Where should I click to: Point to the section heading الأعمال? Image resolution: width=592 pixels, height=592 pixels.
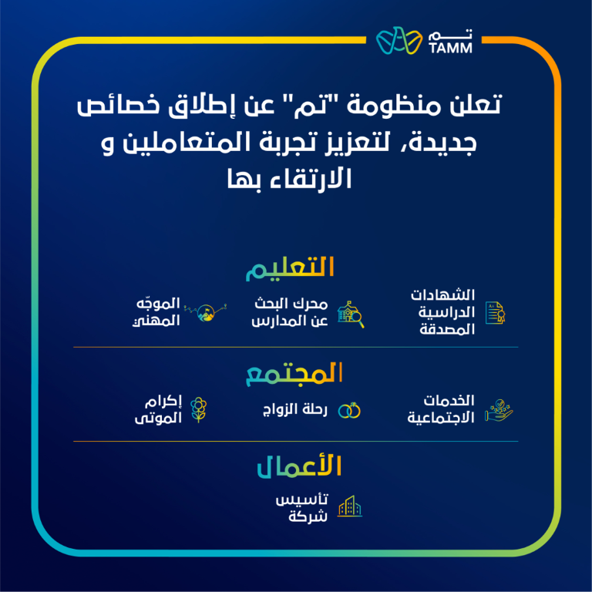(x=298, y=467)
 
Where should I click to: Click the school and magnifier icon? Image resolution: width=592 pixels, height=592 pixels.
(x=350, y=312)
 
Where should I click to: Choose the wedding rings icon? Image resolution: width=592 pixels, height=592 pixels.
(x=350, y=411)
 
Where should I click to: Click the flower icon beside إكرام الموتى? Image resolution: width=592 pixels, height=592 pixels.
(x=200, y=410)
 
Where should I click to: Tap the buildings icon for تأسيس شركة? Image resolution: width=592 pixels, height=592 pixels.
(x=350, y=506)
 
